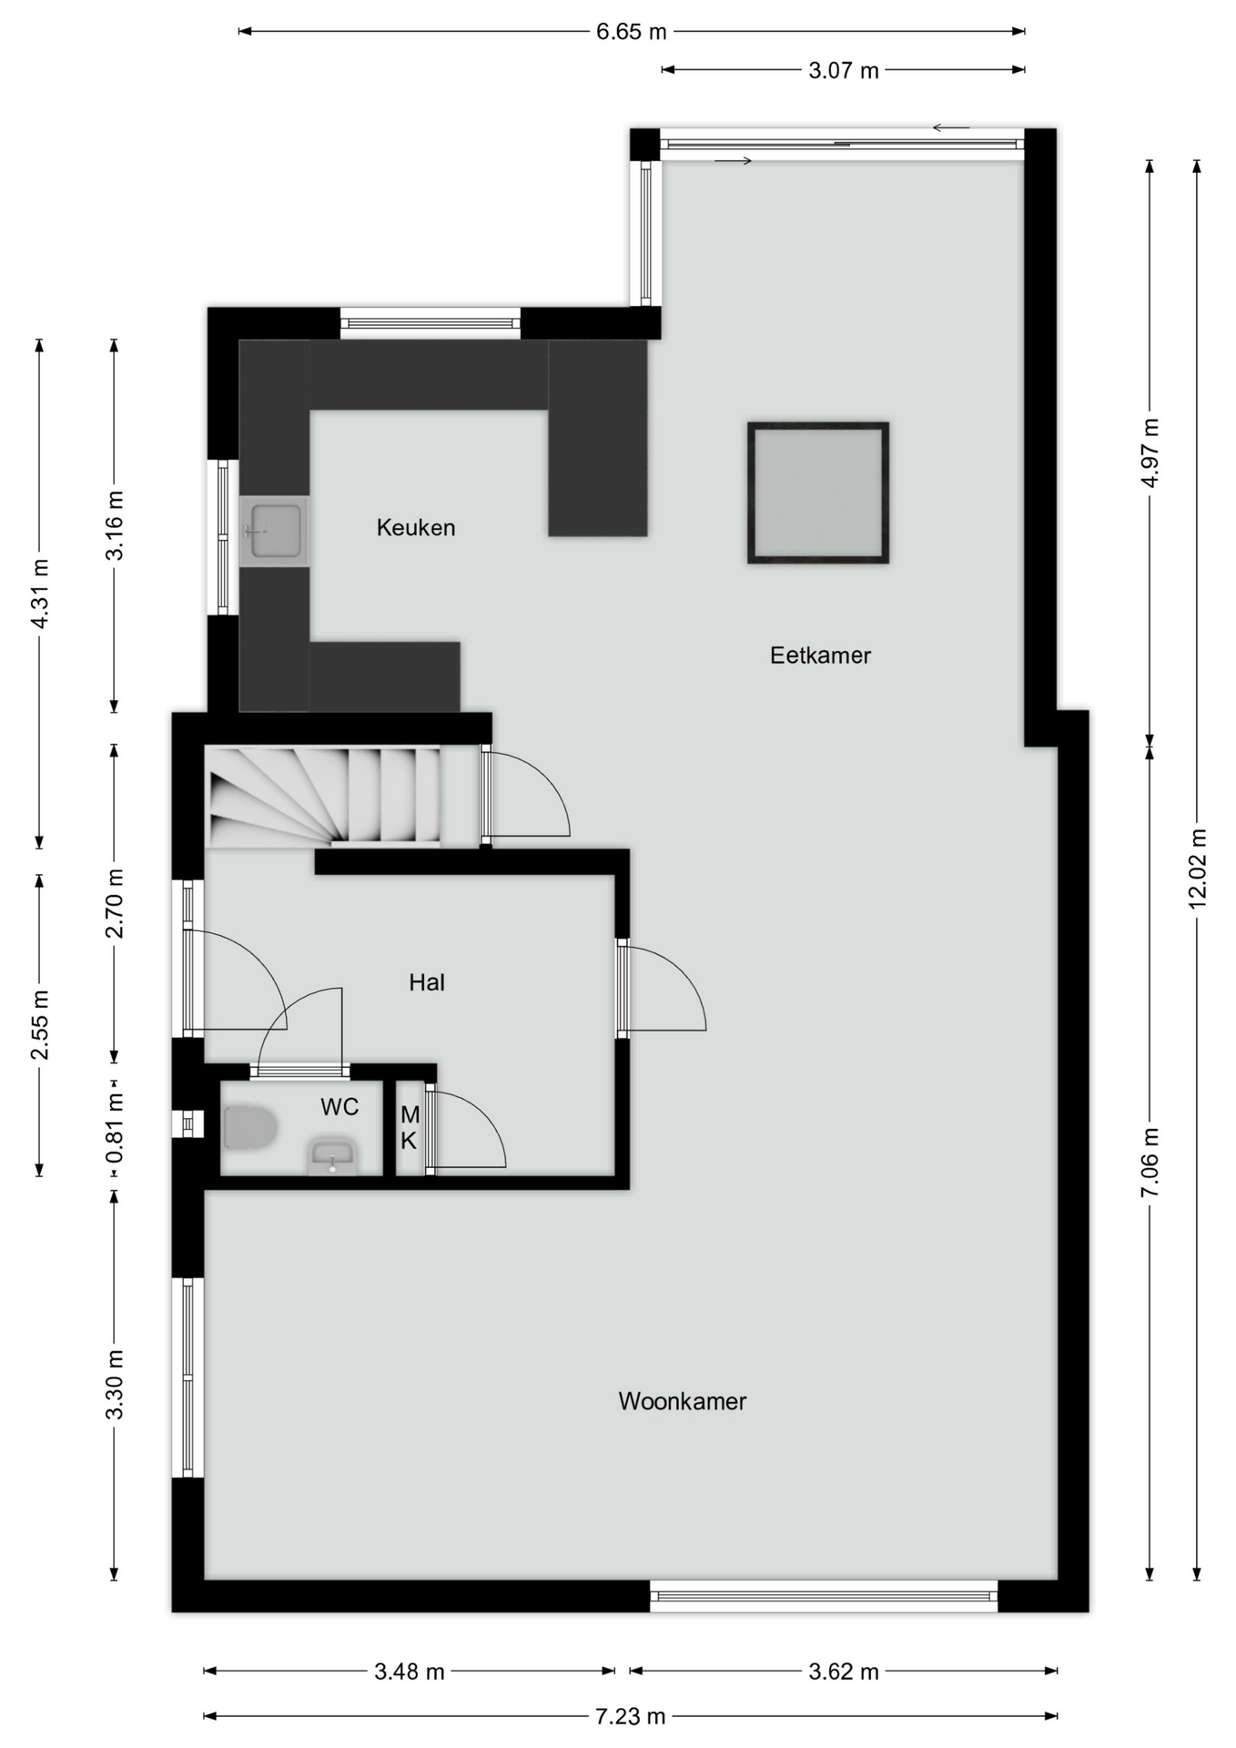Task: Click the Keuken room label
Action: (416, 527)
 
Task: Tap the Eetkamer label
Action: (820, 655)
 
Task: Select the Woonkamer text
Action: (683, 1401)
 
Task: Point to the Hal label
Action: (427, 982)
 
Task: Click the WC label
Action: (339, 1107)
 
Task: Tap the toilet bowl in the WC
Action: (249, 1127)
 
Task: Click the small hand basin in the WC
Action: (332, 1155)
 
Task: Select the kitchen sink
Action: (274, 532)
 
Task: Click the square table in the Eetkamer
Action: (818, 493)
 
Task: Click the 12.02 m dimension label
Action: (1197, 869)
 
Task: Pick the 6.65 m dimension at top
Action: (631, 32)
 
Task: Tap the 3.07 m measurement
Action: (843, 70)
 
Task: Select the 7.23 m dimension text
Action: (630, 1716)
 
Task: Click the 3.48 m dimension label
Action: (409, 1671)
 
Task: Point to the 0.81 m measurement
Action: (115, 1128)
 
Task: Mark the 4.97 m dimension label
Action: (1150, 452)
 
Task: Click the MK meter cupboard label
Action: (410, 1127)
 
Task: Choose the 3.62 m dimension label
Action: (843, 1671)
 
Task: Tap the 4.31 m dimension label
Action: (39, 594)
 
